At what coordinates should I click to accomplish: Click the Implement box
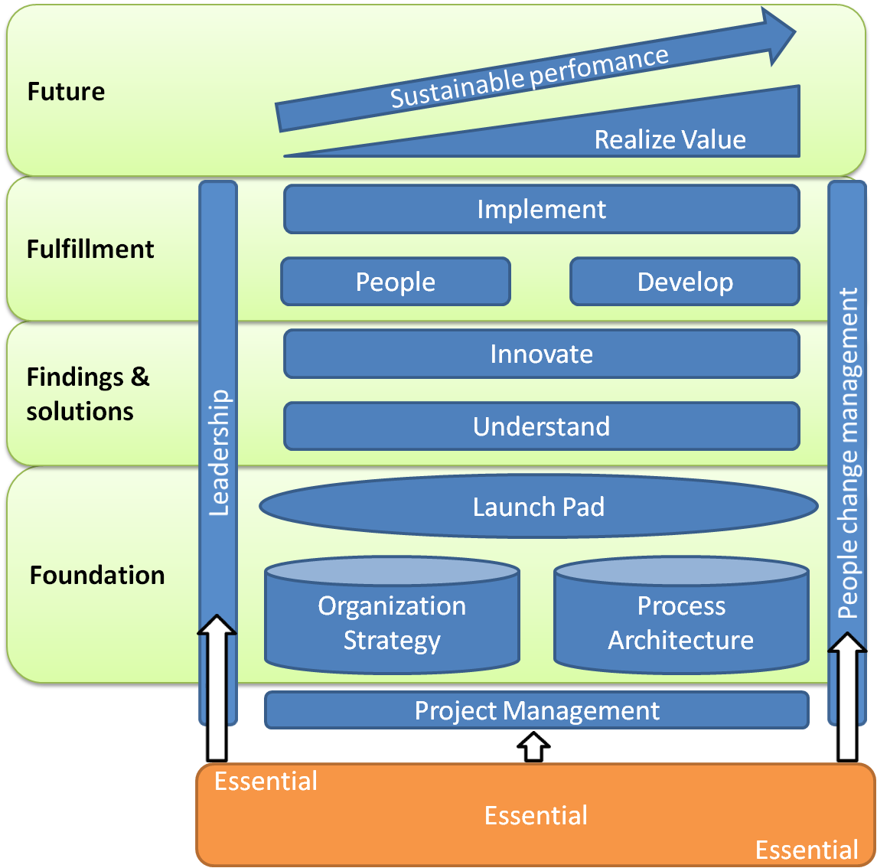(541, 209)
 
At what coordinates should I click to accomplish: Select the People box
(395, 282)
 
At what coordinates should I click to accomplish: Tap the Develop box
(685, 282)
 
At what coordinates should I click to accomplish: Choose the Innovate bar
(541, 354)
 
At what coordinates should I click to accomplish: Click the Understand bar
(541, 426)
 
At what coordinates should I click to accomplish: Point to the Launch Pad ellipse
(538, 507)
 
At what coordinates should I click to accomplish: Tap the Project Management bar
(536, 710)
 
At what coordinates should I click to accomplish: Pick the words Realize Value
(670, 139)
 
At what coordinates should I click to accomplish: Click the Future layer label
(66, 92)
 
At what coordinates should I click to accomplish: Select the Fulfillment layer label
(90, 249)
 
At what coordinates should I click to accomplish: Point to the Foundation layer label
(97, 575)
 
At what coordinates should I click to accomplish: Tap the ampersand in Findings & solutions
(140, 377)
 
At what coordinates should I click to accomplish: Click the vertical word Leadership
(219, 452)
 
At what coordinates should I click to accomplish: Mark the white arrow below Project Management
(533, 746)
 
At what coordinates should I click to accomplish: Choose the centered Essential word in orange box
(536, 815)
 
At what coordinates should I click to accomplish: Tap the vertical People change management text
(848, 453)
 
